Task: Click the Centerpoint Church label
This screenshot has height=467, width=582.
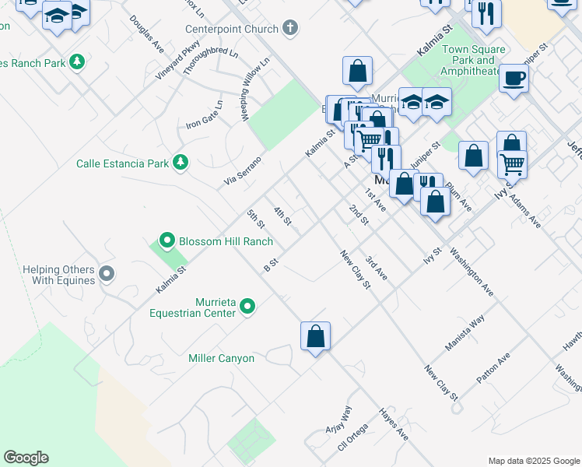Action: click(231, 29)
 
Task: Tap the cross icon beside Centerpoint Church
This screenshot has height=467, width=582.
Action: click(290, 29)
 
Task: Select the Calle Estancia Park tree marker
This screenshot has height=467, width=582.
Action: click(181, 163)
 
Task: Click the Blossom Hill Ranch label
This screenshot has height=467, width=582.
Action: click(226, 241)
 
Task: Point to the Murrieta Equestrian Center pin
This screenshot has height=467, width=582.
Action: click(247, 307)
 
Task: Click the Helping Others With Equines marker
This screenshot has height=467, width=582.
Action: click(107, 274)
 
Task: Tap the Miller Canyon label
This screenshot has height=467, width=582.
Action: click(221, 358)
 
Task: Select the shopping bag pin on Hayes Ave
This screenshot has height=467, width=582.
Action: click(315, 336)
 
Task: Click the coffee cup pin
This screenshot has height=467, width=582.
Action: click(514, 79)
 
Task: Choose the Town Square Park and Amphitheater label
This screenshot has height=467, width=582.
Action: click(473, 60)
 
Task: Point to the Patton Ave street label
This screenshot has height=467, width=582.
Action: click(493, 367)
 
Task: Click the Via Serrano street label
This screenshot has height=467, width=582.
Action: click(242, 170)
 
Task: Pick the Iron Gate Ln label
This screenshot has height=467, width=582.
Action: click(204, 114)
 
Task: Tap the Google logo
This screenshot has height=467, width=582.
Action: click(26, 458)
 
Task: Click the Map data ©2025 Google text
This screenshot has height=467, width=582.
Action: click(533, 461)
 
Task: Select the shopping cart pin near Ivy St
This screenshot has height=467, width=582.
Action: click(512, 164)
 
